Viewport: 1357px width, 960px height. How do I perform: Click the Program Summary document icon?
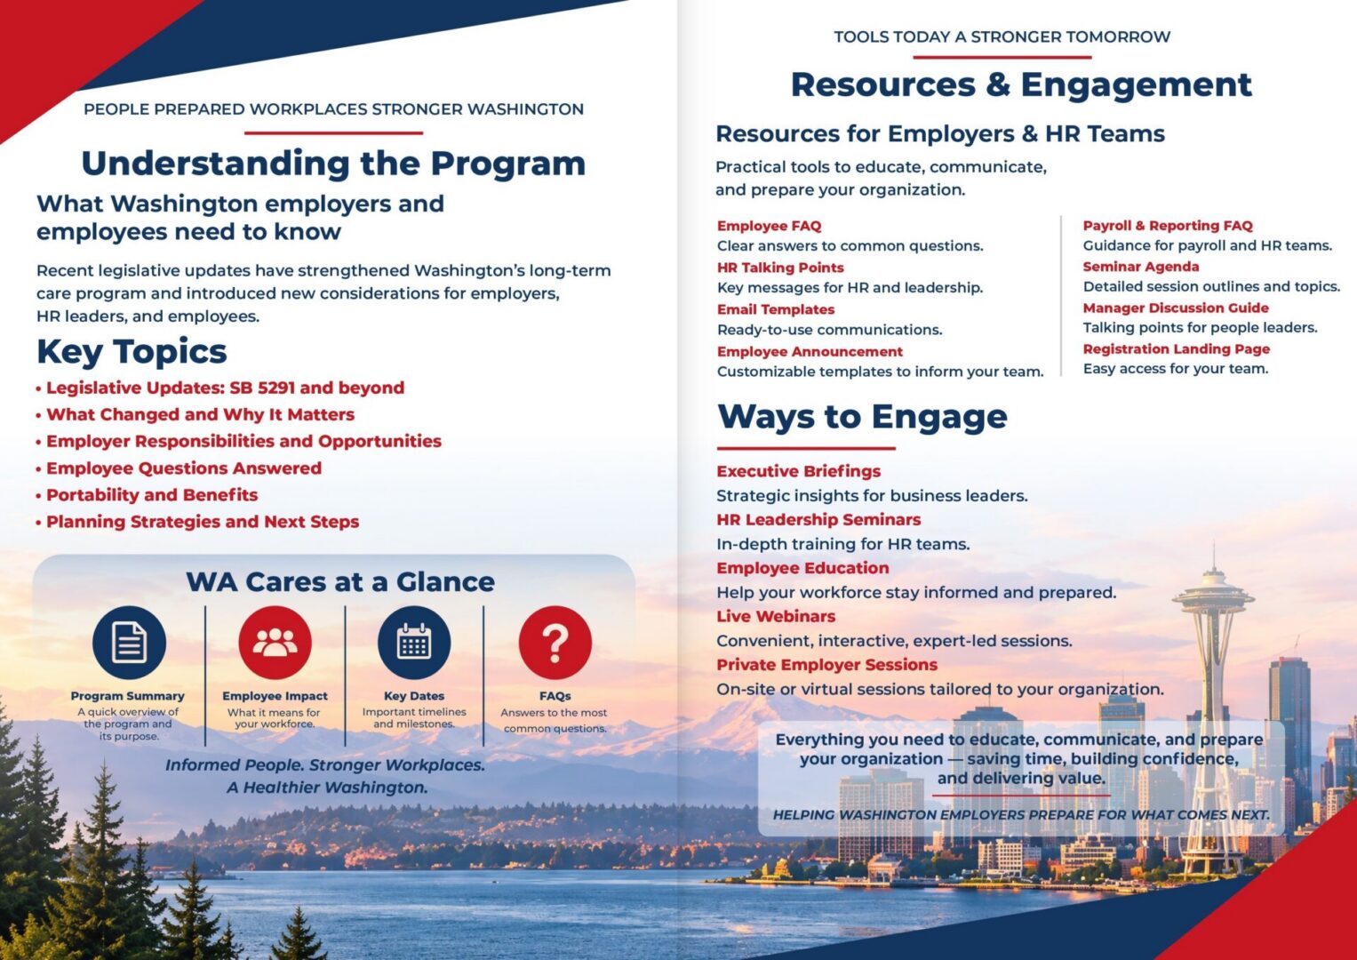129,643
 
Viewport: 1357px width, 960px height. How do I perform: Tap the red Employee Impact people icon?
275,643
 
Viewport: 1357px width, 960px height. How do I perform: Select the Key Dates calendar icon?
414,643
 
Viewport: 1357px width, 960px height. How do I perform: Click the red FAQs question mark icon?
555,643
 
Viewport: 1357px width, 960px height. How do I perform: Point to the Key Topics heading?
132,351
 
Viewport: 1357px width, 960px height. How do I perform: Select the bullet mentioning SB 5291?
220,388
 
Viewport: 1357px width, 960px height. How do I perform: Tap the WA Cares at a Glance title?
340,582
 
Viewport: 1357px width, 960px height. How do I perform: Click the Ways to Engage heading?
862,417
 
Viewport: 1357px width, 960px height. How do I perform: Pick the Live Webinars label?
776,616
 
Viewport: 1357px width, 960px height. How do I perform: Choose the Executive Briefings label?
798,471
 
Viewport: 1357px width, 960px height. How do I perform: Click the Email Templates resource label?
776,309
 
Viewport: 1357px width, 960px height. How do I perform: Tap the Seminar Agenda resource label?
1141,267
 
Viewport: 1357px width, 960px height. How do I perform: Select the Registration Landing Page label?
1177,349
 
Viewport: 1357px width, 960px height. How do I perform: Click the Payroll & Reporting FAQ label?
1168,226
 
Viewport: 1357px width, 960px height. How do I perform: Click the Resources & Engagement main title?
1021,84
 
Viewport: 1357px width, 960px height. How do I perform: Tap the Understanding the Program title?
334,164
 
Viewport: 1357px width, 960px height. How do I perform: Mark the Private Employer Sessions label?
827,665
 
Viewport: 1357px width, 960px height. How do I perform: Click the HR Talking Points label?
780,268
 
